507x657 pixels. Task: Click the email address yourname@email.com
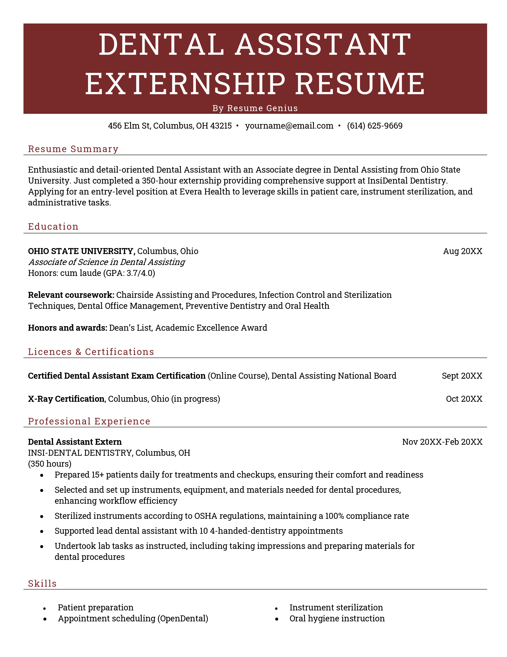[289, 126]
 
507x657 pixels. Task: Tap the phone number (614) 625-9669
[375, 126]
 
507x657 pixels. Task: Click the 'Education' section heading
[53, 227]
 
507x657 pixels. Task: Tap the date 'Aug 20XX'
[462, 251]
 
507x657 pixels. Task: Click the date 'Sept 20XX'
[462, 376]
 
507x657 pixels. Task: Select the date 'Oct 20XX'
[464, 399]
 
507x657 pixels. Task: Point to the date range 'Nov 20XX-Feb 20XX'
[442, 442]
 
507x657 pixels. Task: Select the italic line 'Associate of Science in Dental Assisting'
[107, 262]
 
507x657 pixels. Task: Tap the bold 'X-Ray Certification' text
[66, 399]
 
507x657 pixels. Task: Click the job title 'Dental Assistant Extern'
[75, 442]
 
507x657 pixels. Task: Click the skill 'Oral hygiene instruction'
[337, 619]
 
